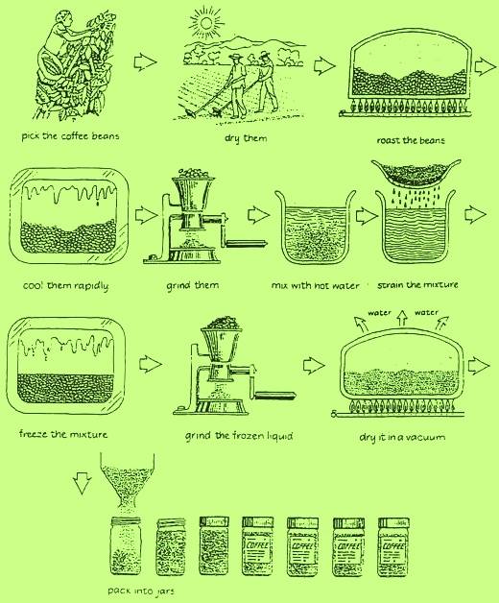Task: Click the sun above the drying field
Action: tap(206, 22)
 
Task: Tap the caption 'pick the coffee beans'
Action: tap(70, 136)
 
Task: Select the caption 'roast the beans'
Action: tap(410, 140)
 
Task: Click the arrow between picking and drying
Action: tap(145, 61)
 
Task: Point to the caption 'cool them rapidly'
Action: tap(65, 286)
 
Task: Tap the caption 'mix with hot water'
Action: tap(315, 285)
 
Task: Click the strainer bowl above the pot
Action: tap(416, 175)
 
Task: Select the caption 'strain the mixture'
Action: tap(417, 285)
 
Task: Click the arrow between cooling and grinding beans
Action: tap(146, 215)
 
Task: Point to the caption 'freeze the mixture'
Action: tap(63, 434)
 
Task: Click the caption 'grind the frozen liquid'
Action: tap(239, 436)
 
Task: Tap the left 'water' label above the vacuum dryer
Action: tap(379, 313)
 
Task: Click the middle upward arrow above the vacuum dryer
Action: tap(402, 318)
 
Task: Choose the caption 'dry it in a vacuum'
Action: tap(402, 437)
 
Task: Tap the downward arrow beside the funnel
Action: tap(82, 483)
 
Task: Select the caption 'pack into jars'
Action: tap(141, 591)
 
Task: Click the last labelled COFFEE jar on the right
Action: tap(393, 547)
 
